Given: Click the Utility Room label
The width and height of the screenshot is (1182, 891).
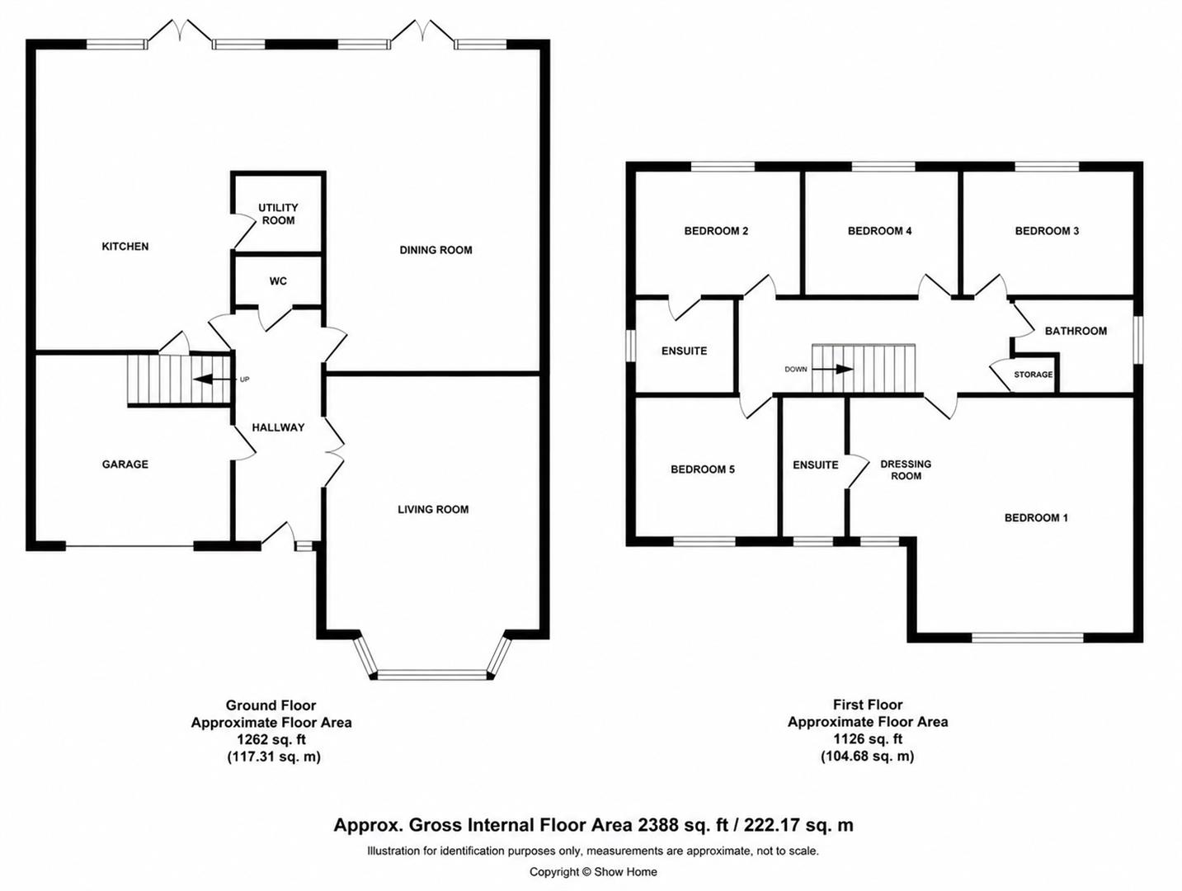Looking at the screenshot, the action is point(278,214).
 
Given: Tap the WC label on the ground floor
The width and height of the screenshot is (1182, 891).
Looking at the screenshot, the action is point(278,281).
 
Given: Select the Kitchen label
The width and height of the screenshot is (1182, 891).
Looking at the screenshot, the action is point(125,247).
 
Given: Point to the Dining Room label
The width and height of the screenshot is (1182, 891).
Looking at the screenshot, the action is point(436,250).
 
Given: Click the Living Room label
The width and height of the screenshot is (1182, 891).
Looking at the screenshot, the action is point(433,509).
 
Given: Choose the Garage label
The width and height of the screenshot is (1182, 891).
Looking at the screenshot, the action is point(125,464).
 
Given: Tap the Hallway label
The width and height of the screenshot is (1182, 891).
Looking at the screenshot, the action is point(279,427).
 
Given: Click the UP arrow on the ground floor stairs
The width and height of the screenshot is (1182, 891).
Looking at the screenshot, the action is point(212,379).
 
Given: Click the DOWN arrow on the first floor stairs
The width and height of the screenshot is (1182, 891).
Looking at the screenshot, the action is point(832,370).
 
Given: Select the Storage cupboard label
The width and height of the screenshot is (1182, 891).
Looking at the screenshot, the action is point(1033,375).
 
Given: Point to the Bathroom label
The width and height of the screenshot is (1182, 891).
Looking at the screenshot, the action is point(1076,331).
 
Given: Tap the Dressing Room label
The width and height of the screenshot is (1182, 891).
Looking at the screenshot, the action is point(906,470).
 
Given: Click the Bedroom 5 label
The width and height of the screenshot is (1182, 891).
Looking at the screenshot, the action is point(702,469).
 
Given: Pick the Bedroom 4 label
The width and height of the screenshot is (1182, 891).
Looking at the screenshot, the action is point(879,231).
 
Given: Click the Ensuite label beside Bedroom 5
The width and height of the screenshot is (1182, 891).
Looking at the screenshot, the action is point(815,464).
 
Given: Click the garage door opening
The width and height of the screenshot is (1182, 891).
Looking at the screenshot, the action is point(130,548).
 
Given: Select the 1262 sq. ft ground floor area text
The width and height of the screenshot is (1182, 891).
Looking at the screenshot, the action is point(271,739).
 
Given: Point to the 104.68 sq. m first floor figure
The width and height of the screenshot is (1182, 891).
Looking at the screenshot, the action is point(868,756).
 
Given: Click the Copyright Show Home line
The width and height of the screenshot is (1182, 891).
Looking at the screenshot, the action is point(593,872).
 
